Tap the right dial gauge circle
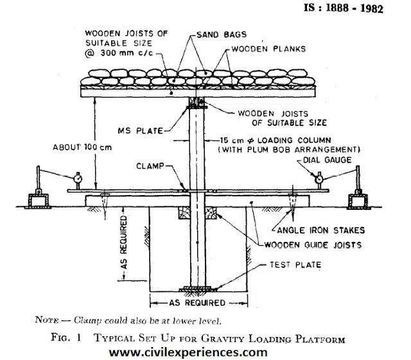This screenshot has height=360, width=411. (319, 180)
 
